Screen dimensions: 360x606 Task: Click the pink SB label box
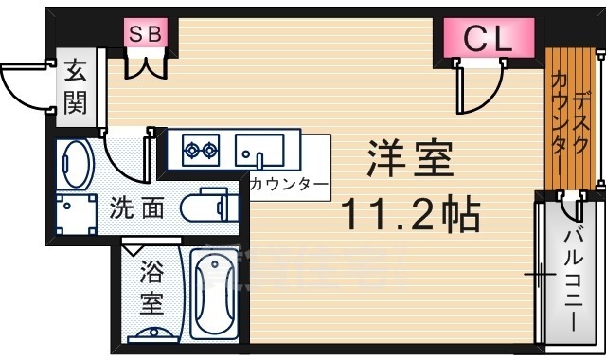pos(147,34)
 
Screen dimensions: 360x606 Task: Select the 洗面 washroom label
pos(137,207)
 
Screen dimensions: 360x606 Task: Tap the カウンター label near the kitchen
pos(289,184)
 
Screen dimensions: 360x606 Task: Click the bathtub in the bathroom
pos(216,293)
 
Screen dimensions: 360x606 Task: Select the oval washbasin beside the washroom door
pos(74,166)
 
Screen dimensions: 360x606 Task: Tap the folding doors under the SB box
pos(147,65)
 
